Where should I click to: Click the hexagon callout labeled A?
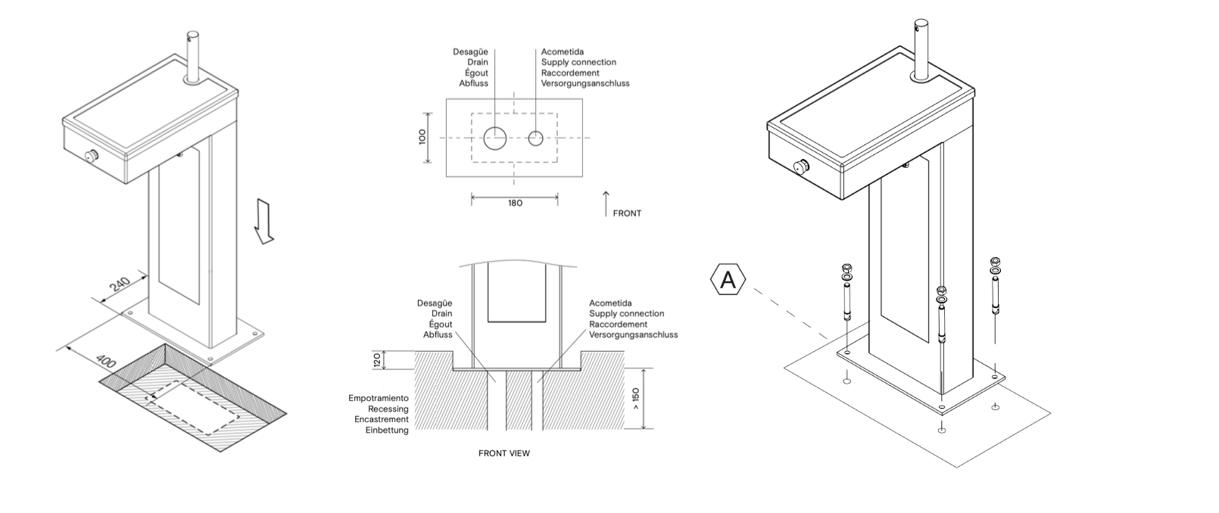pos(728,281)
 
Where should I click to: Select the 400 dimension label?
pos(108,362)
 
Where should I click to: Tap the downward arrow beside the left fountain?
pos(263,222)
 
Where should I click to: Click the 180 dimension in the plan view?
pos(514,203)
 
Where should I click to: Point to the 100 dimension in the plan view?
pos(422,137)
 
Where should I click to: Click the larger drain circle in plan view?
pos(495,138)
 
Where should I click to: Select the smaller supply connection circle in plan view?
pos(536,138)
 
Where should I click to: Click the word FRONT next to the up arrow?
pos(627,213)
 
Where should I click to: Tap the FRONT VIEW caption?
pos(504,454)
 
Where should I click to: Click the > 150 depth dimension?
pos(635,398)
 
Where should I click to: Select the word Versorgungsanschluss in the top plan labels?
pos(585,83)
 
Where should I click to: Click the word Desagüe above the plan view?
pos(470,52)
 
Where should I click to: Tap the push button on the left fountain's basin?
pos(92,157)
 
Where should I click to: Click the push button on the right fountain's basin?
pos(800,167)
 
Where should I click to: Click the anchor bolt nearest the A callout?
pos(846,297)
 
